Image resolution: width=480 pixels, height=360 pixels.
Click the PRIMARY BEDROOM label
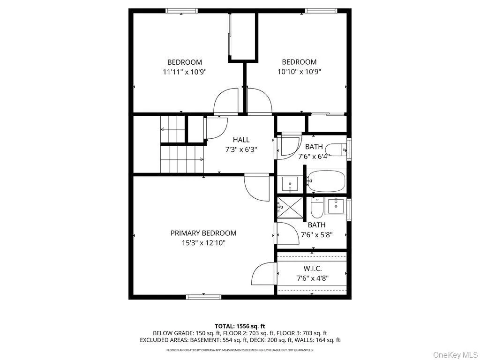(x=203, y=233)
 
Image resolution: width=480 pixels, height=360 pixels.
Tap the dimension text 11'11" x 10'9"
(x=185, y=72)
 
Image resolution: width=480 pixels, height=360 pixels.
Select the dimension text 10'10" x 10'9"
(x=299, y=72)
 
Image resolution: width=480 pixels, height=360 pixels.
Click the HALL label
(x=241, y=140)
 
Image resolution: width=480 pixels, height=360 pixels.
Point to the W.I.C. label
(x=312, y=268)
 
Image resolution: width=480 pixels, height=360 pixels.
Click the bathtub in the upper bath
(x=326, y=181)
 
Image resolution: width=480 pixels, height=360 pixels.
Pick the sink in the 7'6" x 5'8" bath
(x=336, y=206)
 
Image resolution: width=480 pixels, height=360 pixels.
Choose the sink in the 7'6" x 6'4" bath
(x=291, y=183)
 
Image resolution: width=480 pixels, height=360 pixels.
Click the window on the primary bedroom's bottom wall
(x=203, y=296)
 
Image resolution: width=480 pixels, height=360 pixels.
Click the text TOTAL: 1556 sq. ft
(x=240, y=326)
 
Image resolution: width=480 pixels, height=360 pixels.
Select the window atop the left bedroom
(x=181, y=11)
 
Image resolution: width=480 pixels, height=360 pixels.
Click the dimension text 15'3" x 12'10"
(x=203, y=243)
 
